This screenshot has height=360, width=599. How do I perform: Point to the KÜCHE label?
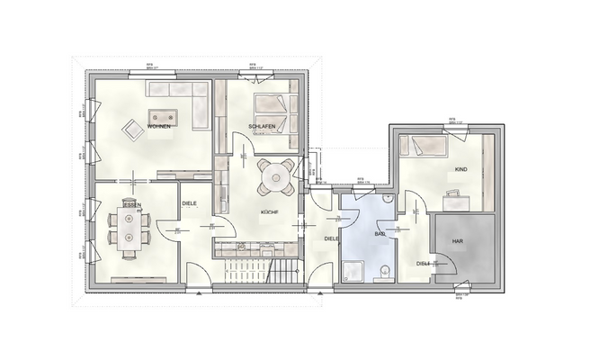(269, 212)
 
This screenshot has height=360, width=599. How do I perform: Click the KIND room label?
(460, 169)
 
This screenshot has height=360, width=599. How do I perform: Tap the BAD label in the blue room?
(380, 234)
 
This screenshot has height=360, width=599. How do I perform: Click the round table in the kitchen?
(275, 175)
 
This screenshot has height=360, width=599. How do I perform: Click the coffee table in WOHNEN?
(164, 115)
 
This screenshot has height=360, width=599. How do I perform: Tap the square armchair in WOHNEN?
(133, 130)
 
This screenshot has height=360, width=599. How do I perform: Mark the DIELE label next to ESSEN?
(189, 203)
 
